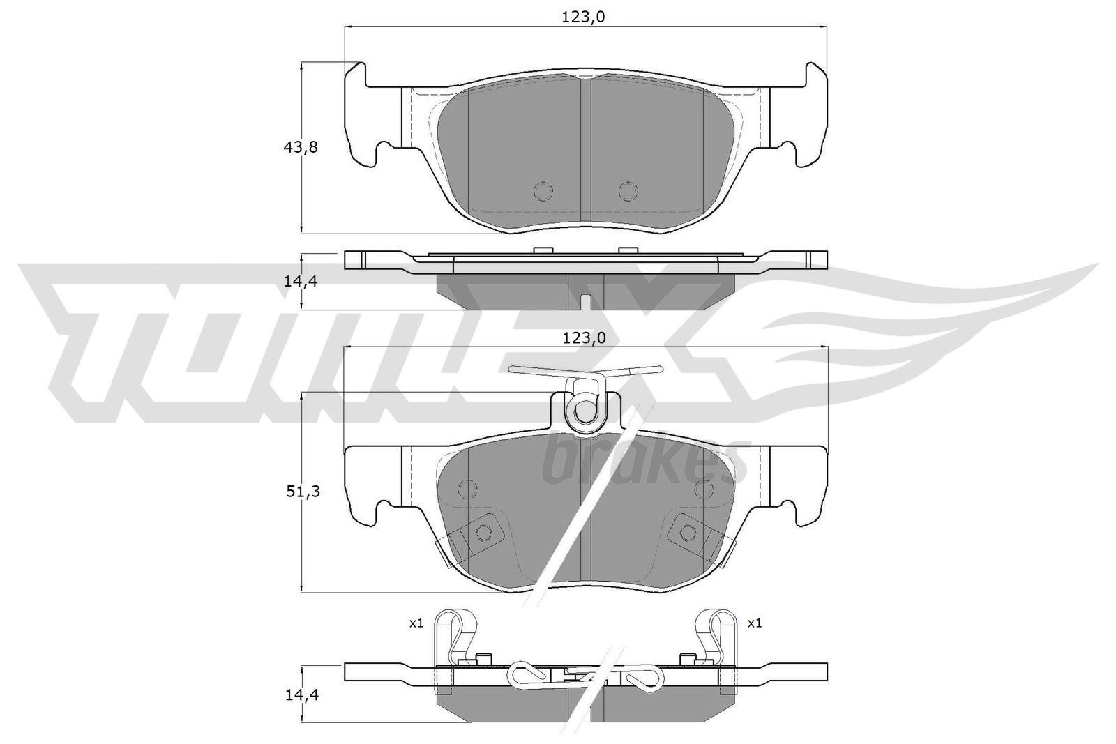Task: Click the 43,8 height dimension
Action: (x=301, y=147)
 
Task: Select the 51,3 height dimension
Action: (x=303, y=492)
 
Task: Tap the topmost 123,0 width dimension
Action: (x=583, y=17)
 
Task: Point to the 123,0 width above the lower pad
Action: (x=584, y=338)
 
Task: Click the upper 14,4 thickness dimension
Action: (x=301, y=282)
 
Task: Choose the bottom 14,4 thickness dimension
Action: (x=302, y=694)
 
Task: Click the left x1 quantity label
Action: (x=416, y=623)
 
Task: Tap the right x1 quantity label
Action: (x=755, y=623)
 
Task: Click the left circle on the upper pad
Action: (x=543, y=191)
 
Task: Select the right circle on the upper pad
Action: (x=628, y=191)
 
